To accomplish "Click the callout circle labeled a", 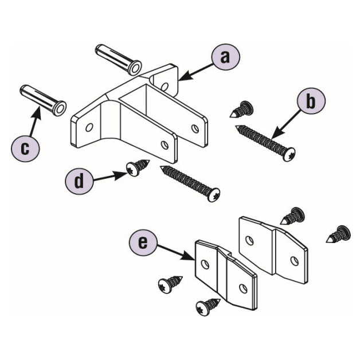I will (x=225, y=57).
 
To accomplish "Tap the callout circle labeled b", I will (x=310, y=102).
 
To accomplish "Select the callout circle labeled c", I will (x=25, y=148).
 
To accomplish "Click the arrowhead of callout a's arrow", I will (x=179, y=77).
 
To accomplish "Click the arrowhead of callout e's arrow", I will (x=192, y=260).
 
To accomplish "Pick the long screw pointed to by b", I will (x=265, y=140).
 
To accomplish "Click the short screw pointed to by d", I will (x=138, y=169).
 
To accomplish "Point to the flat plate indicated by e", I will (x=225, y=274).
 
